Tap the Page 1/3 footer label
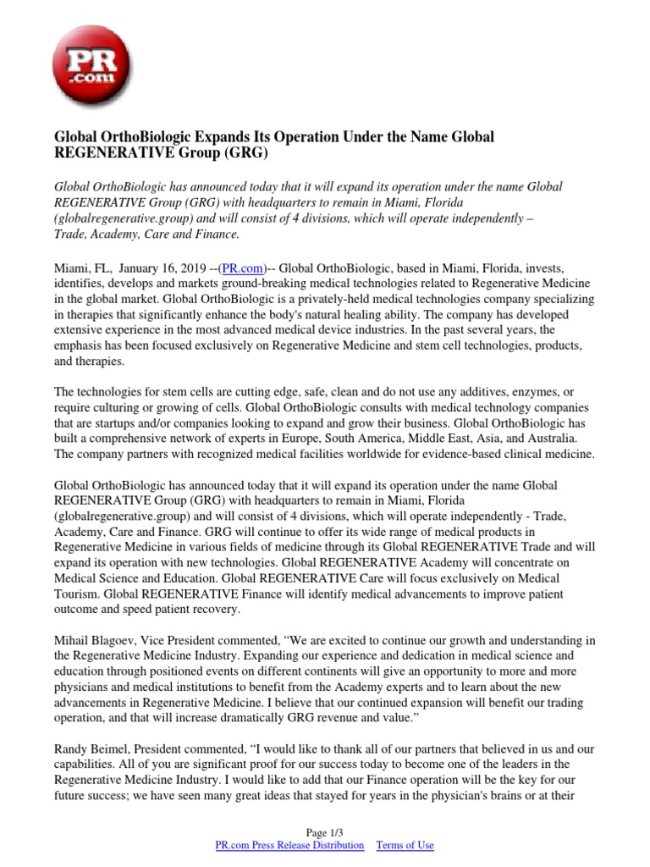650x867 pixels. tap(324, 831)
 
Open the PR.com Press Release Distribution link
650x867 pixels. tap(290, 845)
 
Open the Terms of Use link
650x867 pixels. tap(405, 845)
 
